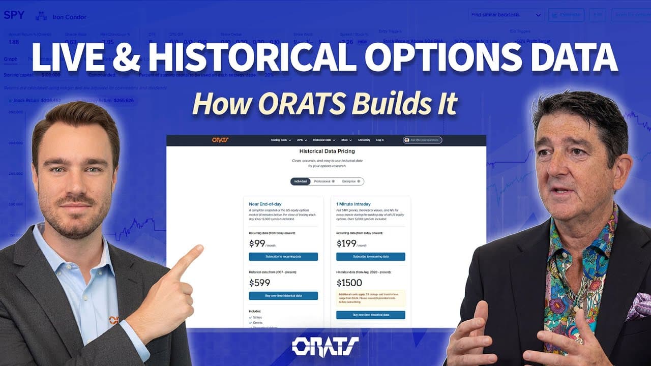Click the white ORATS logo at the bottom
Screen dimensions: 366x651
point(325,346)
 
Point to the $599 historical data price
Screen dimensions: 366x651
point(259,283)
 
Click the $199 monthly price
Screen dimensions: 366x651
point(346,243)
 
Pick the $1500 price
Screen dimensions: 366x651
point(349,283)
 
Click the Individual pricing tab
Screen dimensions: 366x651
point(300,181)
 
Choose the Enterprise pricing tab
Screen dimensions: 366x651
point(350,181)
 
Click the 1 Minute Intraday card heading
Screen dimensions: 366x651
point(353,204)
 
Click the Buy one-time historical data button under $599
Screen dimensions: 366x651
point(283,295)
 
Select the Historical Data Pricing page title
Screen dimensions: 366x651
point(327,151)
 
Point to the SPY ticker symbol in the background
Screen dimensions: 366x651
point(14,15)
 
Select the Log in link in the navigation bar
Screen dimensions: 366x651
point(380,140)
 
